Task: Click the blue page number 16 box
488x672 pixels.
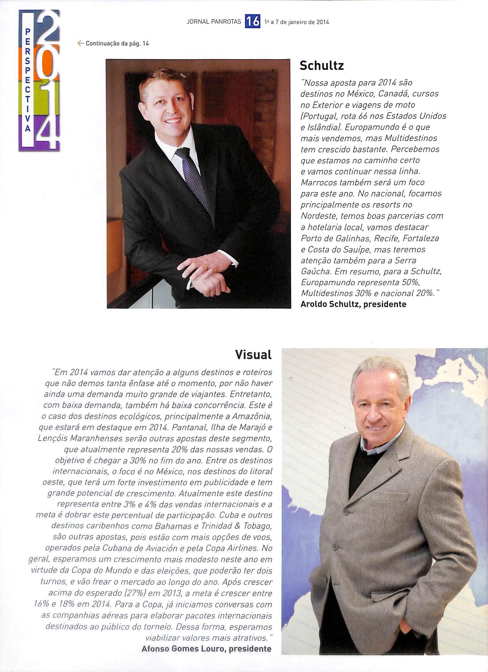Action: (x=252, y=22)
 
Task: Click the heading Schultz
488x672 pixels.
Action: (x=321, y=65)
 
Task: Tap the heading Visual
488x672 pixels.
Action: (x=253, y=355)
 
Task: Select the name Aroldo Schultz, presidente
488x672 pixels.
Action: (x=354, y=304)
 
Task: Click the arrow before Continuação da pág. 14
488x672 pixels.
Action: (x=81, y=43)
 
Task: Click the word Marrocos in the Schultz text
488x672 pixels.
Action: (x=319, y=183)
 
